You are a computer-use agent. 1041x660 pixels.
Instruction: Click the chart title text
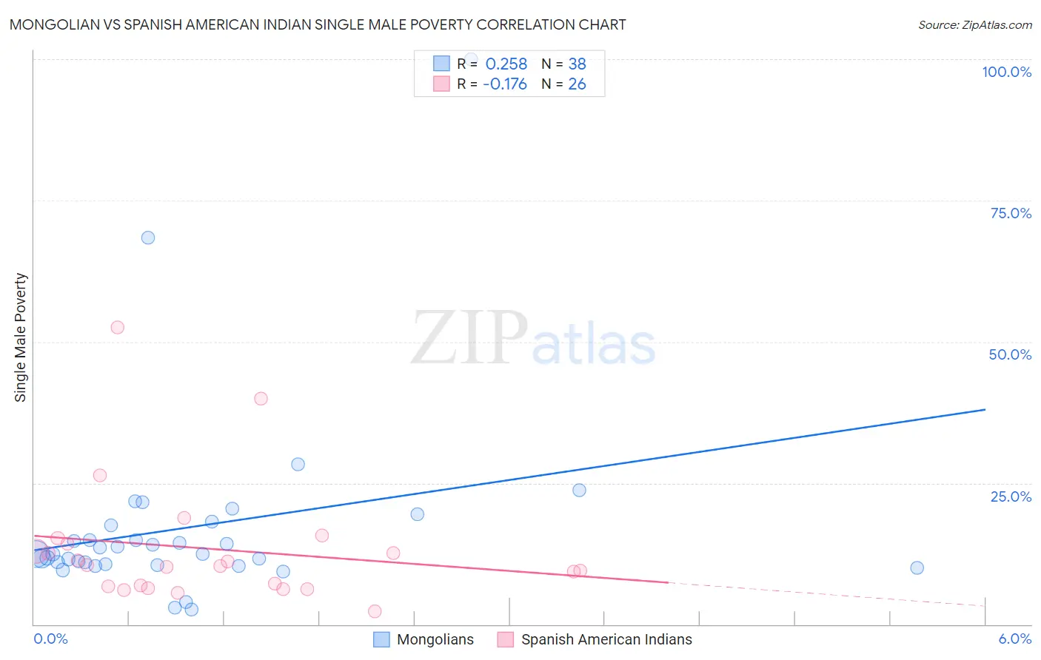(x=318, y=24)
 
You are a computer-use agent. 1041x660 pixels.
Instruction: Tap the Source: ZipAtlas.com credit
(x=974, y=24)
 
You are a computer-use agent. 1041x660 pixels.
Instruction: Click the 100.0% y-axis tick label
(x=1006, y=72)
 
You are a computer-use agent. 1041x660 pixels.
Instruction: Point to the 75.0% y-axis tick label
(x=1011, y=213)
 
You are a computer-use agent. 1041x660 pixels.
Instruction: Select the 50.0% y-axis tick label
(x=1010, y=354)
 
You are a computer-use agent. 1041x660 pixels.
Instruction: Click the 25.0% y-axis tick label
(x=1011, y=496)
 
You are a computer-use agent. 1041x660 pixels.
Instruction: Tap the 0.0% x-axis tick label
(x=50, y=639)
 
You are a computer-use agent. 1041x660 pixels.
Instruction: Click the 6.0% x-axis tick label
(x=1014, y=639)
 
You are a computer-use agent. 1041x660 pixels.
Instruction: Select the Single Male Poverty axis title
(x=21, y=337)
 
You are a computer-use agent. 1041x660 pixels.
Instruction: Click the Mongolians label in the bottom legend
(x=435, y=639)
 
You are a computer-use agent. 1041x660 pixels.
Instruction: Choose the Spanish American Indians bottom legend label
(x=606, y=639)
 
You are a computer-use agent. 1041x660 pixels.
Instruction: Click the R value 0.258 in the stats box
(x=506, y=64)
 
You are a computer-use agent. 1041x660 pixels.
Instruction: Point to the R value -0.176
(x=505, y=84)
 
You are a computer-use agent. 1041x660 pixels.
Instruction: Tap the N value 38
(x=577, y=64)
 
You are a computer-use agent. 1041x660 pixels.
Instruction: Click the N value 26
(x=577, y=84)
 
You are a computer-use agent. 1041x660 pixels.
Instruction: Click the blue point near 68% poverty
(x=148, y=238)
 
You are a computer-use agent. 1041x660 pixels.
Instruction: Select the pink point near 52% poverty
(x=117, y=327)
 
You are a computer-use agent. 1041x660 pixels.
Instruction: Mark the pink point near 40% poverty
(x=261, y=398)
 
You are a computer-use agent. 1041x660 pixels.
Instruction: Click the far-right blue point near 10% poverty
(x=917, y=568)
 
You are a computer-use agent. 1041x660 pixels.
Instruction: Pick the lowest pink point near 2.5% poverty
(x=375, y=611)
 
